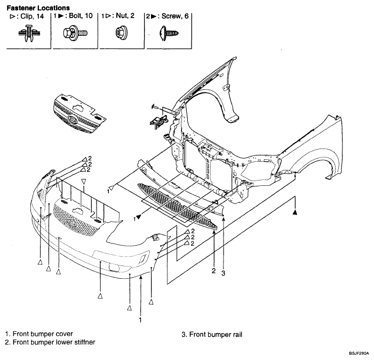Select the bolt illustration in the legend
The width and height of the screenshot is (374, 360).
[x=75, y=33]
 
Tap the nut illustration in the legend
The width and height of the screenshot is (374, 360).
[x=122, y=32]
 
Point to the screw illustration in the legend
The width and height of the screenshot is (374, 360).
[x=169, y=33]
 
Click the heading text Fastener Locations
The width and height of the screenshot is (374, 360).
[x=38, y=8]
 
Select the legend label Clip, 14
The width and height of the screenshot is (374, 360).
[x=32, y=16]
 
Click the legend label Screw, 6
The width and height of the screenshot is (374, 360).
[x=175, y=16]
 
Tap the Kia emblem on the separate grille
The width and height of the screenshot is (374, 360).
[x=72, y=119]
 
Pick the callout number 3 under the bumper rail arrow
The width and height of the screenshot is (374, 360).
[x=223, y=273]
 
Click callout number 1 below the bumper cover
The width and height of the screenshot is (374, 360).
[x=140, y=320]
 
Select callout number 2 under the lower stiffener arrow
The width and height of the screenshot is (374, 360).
[x=214, y=271]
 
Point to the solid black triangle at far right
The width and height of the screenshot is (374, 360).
[x=295, y=212]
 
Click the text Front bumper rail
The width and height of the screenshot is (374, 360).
[x=216, y=334]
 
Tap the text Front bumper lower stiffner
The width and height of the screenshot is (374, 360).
[x=54, y=342]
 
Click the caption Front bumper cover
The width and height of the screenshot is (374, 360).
[x=43, y=334]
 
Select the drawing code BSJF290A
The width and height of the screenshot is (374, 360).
[x=359, y=353]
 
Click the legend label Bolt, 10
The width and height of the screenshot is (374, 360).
[x=81, y=15]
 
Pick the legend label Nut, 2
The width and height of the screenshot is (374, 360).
[x=125, y=15]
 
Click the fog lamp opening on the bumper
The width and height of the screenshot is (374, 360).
[x=114, y=267]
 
